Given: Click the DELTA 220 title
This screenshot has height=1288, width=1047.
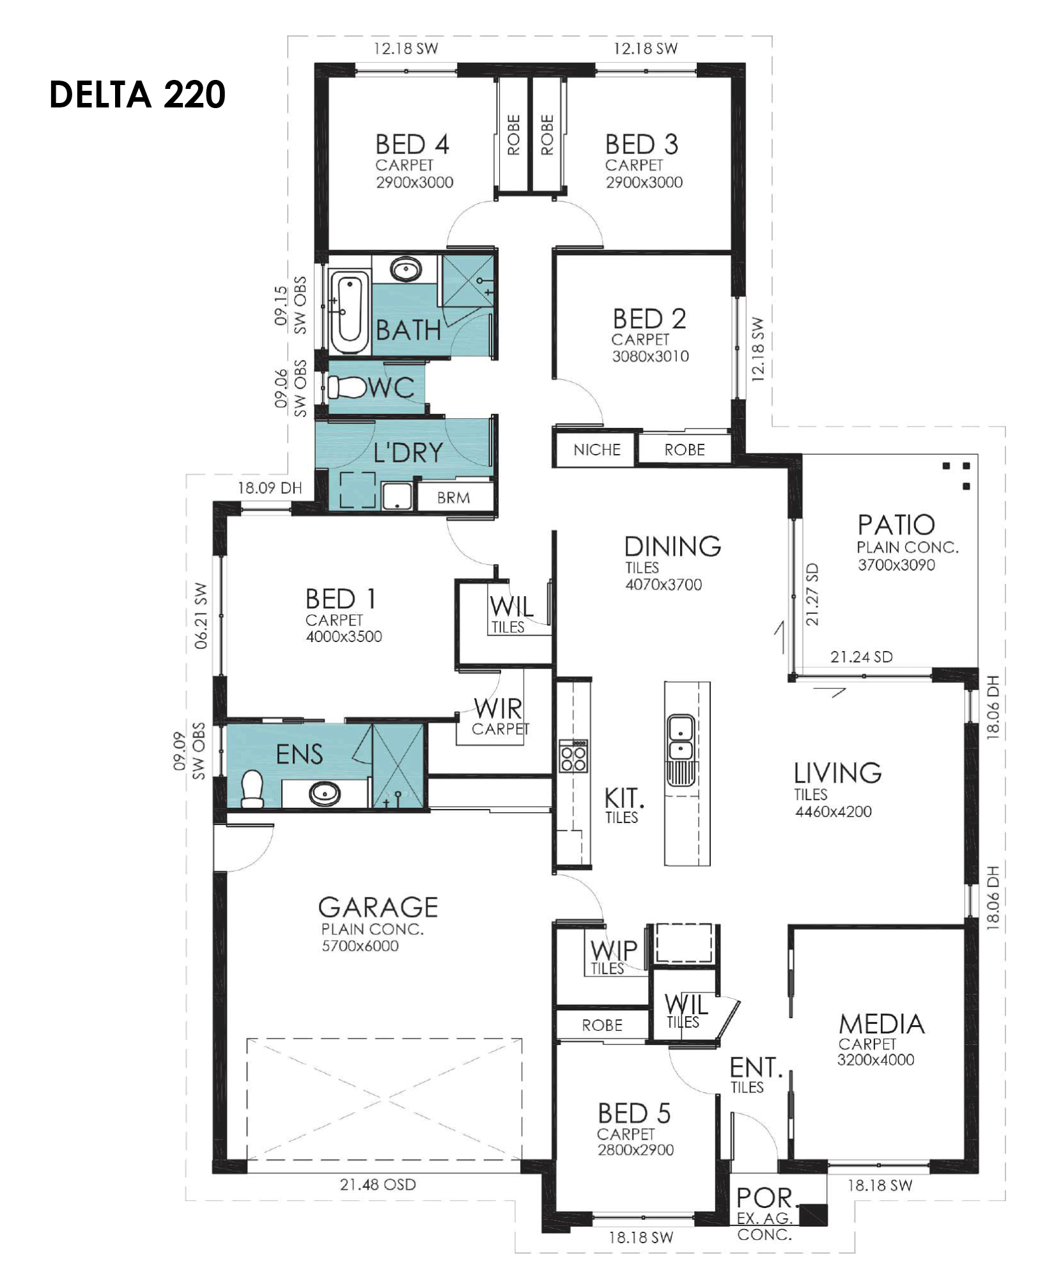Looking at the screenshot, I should tap(137, 95).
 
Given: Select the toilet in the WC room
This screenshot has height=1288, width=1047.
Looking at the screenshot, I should tap(345, 387).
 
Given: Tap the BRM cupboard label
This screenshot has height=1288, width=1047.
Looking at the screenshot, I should tap(453, 498).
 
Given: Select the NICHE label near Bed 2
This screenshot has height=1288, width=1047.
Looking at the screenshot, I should tap(596, 450).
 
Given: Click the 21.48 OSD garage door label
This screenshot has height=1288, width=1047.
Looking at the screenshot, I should tap(378, 1184).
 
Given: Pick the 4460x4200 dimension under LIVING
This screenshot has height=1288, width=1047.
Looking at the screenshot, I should tap(833, 812).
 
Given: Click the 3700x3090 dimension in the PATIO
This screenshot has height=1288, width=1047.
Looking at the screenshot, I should tap(896, 565).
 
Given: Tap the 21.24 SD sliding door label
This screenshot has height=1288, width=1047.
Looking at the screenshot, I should tap(861, 657).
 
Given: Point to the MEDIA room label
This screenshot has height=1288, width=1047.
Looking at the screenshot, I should tap(881, 1025).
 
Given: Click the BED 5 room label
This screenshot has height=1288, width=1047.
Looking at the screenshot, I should tap(634, 1113).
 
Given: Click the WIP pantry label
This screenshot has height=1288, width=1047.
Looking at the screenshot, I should tap(614, 950).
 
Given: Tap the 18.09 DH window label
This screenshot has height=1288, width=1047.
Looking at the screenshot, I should tap(270, 488).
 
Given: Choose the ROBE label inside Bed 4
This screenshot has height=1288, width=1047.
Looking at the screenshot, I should tap(514, 135).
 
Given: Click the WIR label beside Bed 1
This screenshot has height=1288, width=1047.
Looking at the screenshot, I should tap(498, 709).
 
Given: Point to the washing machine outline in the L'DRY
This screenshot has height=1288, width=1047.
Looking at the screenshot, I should tap(357, 490).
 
